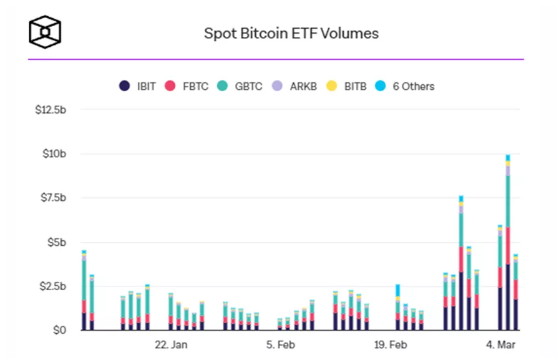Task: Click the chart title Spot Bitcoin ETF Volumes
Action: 291,33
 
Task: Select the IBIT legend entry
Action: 138,86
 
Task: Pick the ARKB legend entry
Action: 295,86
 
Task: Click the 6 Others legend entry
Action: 405,86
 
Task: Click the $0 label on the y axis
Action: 57,330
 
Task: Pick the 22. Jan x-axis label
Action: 171,344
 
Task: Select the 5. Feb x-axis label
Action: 281,344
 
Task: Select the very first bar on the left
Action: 84,293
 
